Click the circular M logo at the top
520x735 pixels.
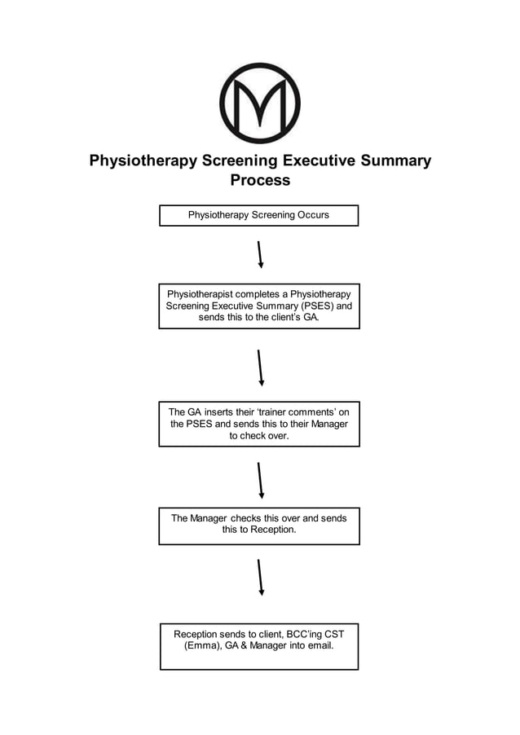(259, 103)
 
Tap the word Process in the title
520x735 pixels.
(259, 180)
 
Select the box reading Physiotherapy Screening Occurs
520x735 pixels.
(258, 215)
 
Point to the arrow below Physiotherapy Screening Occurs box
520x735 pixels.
(259, 254)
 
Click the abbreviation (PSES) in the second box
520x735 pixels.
(313, 306)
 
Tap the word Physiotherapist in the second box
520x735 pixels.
(203, 293)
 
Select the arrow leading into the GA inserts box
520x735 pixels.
(259, 367)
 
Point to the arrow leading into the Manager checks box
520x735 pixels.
(259, 480)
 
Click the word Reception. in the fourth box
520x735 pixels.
(271, 530)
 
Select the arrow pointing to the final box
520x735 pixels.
(259, 577)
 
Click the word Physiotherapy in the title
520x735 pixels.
(143, 161)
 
